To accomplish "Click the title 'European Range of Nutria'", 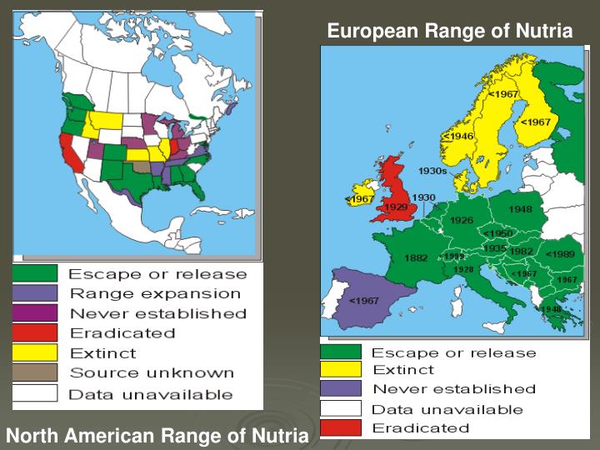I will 450,31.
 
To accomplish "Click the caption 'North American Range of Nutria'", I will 157,435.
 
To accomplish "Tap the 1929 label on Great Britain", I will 395,207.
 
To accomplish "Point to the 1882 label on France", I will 416,258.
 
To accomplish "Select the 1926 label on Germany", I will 462,220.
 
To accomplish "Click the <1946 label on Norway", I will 457,136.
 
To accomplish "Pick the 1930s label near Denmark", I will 432,171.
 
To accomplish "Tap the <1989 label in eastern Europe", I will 559,253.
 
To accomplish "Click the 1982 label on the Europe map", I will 522,251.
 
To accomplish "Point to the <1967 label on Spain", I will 364,300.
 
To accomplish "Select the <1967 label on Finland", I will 535,122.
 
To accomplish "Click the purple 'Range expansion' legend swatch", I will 34,293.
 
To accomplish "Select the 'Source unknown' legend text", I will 151,372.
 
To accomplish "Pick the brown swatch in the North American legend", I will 34,372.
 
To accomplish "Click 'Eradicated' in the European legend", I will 420,428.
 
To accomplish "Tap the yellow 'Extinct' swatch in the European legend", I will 341,369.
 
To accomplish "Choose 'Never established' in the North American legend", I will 157,313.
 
